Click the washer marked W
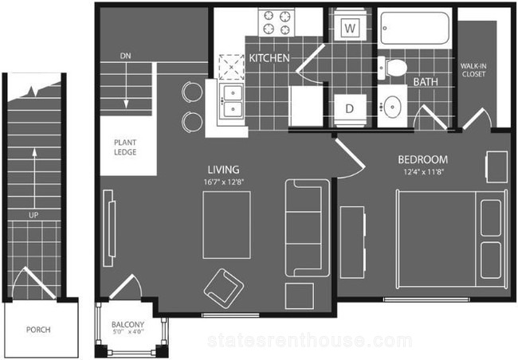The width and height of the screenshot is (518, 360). (x=350, y=28)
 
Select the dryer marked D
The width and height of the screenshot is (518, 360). (x=350, y=108)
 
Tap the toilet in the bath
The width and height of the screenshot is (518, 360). (x=392, y=68)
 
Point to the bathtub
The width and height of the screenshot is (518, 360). (x=415, y=29)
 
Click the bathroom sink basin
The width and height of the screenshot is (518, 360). (x=392, y=107)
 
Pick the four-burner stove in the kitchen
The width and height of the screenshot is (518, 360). (x=277, y=22)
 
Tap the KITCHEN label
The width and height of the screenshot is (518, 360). (x=269, y=58)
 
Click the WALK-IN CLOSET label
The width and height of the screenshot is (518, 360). (x=473, y=70)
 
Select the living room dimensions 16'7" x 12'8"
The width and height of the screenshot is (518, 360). (x=224, y=182)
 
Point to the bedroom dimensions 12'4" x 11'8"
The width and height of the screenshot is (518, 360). (x=423, y=172)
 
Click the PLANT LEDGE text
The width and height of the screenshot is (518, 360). (x=125, y=147)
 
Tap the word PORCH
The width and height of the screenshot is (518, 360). (x=38, y=330)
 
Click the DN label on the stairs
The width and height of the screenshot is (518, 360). (x=126, y=56)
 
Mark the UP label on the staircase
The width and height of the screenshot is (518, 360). (x=33, y=215)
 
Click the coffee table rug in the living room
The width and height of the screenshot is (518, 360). (x=226, y=225)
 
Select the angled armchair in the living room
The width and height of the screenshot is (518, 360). (x=224, y=288)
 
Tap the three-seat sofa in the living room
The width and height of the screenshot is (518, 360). (x=308, y=228)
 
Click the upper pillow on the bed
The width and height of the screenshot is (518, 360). (x=491, y=218)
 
